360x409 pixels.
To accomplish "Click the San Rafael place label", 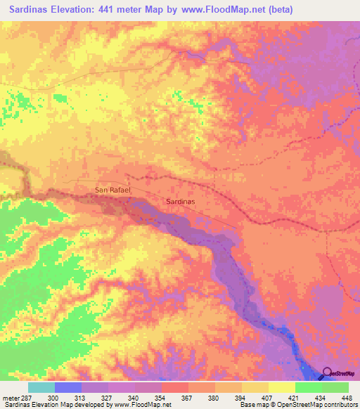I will (112, 190).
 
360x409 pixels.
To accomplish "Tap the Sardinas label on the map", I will (180, 201).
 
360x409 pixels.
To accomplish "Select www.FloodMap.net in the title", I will (219, 10).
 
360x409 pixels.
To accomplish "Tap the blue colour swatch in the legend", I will (68, 387).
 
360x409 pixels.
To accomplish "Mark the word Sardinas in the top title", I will (27, 10).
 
